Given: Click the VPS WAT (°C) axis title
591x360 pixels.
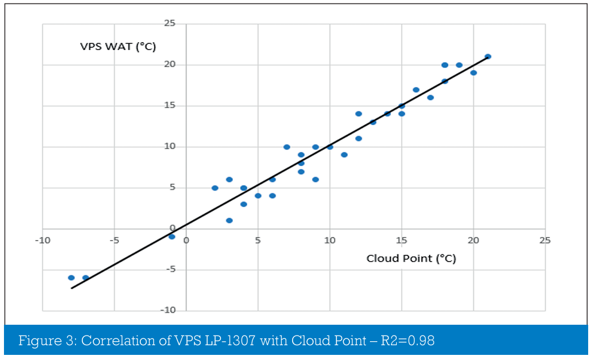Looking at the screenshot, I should point(118,46).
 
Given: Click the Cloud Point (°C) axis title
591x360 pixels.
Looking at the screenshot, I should point(411,259).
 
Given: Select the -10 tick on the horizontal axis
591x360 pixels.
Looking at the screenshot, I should point(43,240).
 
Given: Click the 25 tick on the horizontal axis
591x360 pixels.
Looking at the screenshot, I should point(545,240).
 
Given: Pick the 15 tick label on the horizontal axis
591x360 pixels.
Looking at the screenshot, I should point(401,240).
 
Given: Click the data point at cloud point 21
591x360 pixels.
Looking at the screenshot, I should point(488,56).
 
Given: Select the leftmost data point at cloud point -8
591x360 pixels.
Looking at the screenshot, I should point(71,278).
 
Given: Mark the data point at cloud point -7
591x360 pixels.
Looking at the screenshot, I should point(86,278).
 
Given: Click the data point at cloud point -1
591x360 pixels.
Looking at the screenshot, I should point(172,237).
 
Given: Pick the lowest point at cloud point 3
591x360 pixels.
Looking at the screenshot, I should point(229,221).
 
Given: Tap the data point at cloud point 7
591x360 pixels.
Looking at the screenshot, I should point(286,147).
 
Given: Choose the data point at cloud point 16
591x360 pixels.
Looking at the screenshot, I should point(416,89).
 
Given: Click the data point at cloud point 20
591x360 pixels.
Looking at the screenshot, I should point(473,73).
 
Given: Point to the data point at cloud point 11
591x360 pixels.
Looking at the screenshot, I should point(344,155).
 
